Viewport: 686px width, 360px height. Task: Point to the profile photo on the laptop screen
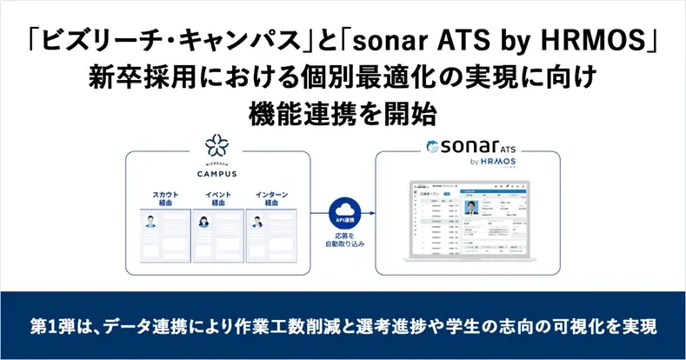tap(473, 209)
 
